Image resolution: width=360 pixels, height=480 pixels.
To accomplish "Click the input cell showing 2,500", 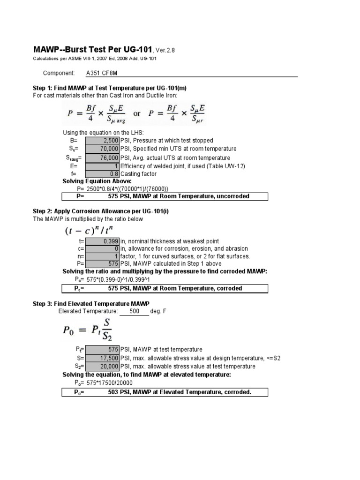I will coord(102,140).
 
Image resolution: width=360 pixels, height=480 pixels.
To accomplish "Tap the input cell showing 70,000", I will coord(102,149).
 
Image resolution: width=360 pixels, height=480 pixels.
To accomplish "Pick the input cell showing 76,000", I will coord(102,158).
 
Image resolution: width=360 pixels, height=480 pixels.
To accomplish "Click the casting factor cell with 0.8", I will coord(102,174).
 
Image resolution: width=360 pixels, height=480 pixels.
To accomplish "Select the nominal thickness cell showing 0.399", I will coord(102,241).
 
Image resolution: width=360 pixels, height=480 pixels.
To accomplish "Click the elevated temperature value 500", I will coord(134,311).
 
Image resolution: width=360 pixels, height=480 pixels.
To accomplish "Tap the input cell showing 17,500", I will coord(102,358).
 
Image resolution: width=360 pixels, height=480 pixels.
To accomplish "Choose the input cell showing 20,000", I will coord(102,366).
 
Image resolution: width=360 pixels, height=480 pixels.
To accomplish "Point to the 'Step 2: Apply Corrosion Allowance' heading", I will coord(100,211).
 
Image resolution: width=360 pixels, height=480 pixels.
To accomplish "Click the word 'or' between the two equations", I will coord(137,114).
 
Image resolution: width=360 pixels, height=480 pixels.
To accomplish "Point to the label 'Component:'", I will coord(59,73).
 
